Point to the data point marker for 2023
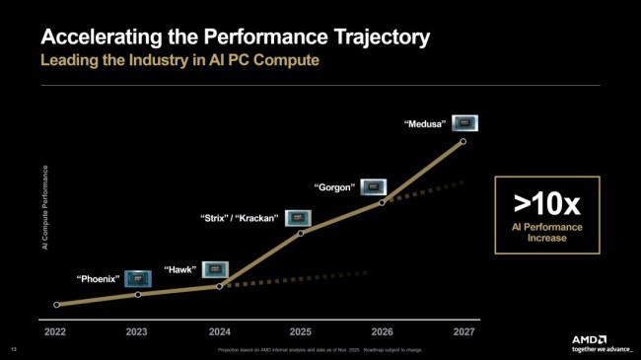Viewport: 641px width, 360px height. [x=138, y=295]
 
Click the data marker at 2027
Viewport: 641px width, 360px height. [x=463, y=141]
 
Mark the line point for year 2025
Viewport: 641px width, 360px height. [x=301, y=232]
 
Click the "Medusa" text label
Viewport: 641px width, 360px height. [x=426, y=124]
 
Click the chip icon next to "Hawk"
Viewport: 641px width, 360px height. [x=216, y=268]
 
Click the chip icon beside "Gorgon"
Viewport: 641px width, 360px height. [x=373, y=185]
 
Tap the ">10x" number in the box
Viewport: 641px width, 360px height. [x=548, y=203]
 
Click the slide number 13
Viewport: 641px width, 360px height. [x=14, y=350]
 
